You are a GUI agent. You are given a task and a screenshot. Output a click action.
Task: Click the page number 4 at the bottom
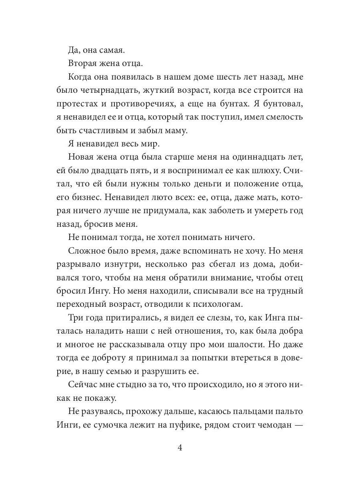pyautogui.click(x=180, y=448)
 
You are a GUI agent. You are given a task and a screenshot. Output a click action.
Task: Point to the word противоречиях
pyautogui.click(x=140, y=104)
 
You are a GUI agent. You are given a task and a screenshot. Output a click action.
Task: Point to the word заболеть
pyautogui.click(x=217, y=213)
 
